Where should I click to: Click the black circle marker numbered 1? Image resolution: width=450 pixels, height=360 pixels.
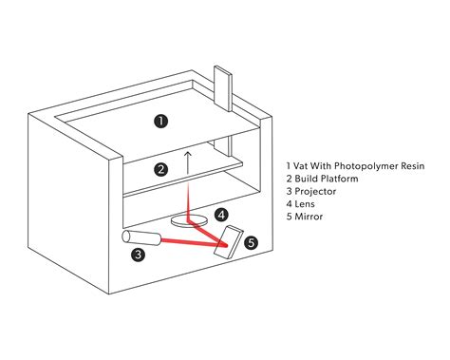161,121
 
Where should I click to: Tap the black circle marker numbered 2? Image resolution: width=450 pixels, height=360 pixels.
161,170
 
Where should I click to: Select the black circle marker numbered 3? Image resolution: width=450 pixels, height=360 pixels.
139,254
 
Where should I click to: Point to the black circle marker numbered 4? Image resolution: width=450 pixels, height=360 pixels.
221,215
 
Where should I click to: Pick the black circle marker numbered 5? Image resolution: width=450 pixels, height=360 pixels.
251,243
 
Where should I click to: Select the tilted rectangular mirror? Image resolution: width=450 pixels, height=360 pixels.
230,242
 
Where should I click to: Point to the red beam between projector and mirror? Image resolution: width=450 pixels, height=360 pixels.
190,242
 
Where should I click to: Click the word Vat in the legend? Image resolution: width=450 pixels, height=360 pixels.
302,165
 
